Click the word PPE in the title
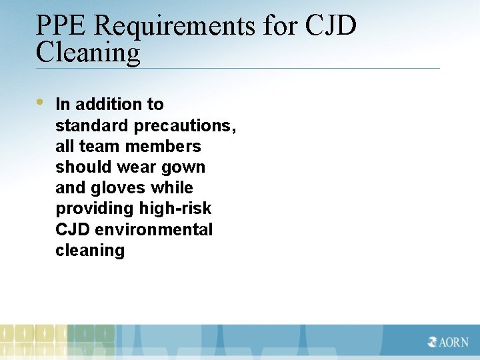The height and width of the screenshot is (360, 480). tap(61, 26)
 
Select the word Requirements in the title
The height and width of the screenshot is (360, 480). tap(175, 26)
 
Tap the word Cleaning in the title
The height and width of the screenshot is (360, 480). tap(88, 53)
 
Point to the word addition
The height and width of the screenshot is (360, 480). tap(109, 104)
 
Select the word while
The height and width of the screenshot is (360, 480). tap(173, 188)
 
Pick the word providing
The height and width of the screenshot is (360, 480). tap(95, 209)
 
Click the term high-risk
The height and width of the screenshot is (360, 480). tap(175, 209)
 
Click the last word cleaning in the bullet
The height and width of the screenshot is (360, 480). tap(90, 251)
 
